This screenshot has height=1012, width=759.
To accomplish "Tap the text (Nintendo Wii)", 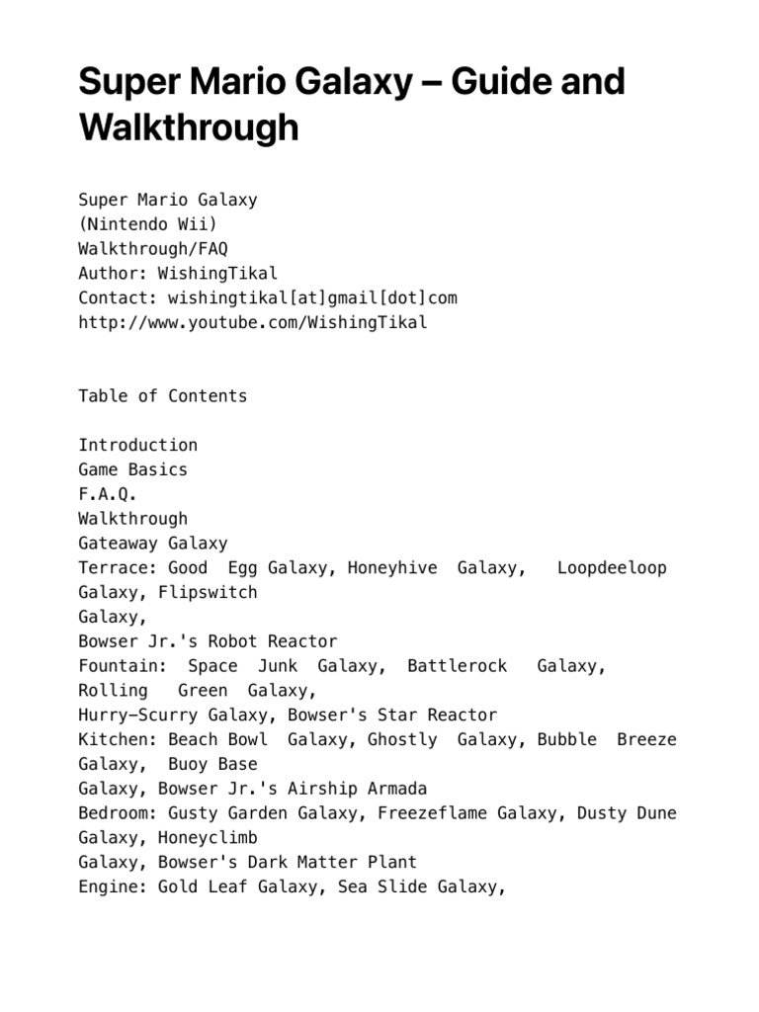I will point(148,224).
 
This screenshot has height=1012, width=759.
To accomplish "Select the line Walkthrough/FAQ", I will point(153,249).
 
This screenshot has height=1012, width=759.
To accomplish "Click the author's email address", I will point(312,297).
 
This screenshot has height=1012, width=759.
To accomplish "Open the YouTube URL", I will point(253,322).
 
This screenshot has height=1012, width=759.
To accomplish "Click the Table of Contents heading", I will point(163,396).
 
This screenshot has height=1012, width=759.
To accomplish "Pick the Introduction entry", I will point(138,445).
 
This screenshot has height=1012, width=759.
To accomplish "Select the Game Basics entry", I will point(133,469).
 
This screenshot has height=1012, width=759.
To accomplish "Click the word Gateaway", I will point(119,544).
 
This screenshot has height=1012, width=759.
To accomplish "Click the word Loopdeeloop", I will point(612,567).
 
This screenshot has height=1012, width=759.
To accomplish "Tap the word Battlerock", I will point(457,666).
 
